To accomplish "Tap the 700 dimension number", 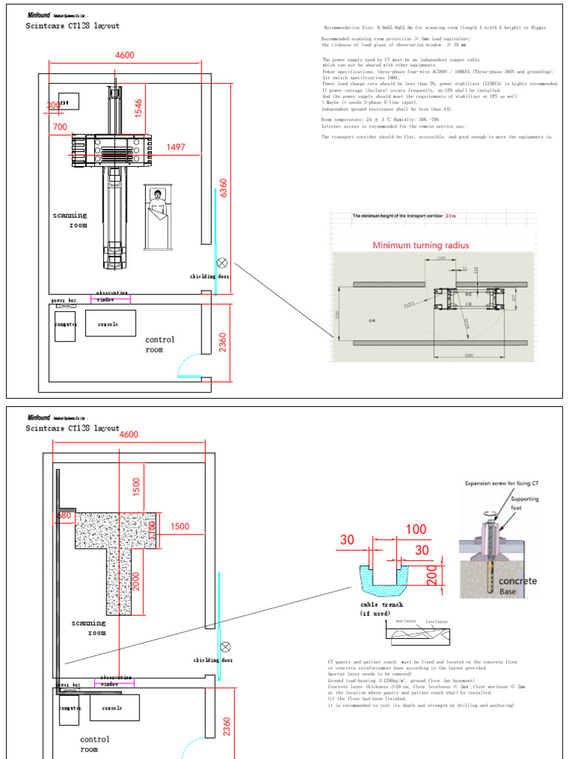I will pos(60,127).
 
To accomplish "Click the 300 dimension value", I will pos(53,106).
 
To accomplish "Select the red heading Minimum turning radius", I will pos(420,245).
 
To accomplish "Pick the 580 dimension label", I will pos(65,515).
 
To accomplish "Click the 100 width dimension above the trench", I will pos(416,530).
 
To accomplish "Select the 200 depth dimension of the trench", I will pos(430,573).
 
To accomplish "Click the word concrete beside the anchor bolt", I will pos(517,581).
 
